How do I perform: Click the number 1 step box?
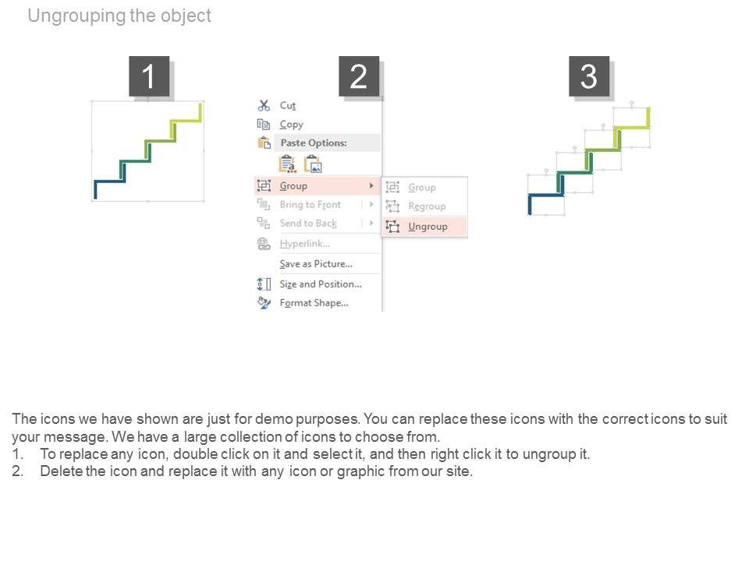149,76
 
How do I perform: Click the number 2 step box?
359,76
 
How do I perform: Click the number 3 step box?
589,76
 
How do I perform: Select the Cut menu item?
288,105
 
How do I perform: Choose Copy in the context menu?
291,125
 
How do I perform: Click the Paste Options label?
314,143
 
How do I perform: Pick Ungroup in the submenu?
428,227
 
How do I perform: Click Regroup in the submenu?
427,206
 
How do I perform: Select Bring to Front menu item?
311,205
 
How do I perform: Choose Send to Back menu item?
308,224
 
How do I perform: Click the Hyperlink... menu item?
305,244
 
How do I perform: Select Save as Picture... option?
316,264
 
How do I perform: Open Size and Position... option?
321,284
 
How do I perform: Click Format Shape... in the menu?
314,303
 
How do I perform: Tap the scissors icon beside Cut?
264,105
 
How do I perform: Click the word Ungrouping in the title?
77,16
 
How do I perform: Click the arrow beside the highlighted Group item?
371,185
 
